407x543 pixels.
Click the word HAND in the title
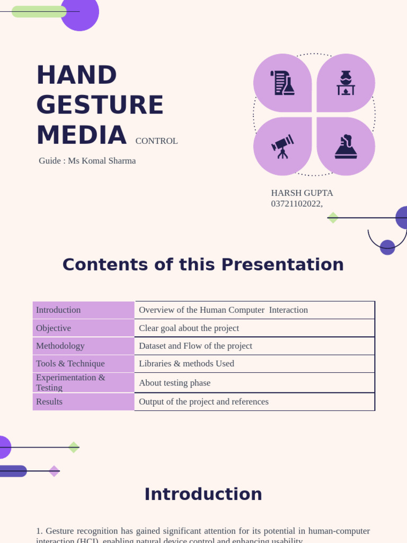click(x=76, y=75)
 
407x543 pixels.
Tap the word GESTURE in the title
click(x=100, y=105)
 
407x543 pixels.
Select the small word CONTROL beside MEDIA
click(x=156, y=141)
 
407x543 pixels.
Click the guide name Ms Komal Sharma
click(x=102, y=161)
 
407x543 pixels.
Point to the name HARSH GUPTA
click(x=302, y=193)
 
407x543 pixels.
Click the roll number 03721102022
click(x=296, y=204)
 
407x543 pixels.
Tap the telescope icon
click(x=282, y=146)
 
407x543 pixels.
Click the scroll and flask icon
click(x=282, y=83)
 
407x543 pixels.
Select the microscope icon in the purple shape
click(x=346, y=146)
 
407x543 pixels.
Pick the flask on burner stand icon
click(x=346, y=83)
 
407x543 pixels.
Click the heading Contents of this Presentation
click(x=203, y=265)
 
